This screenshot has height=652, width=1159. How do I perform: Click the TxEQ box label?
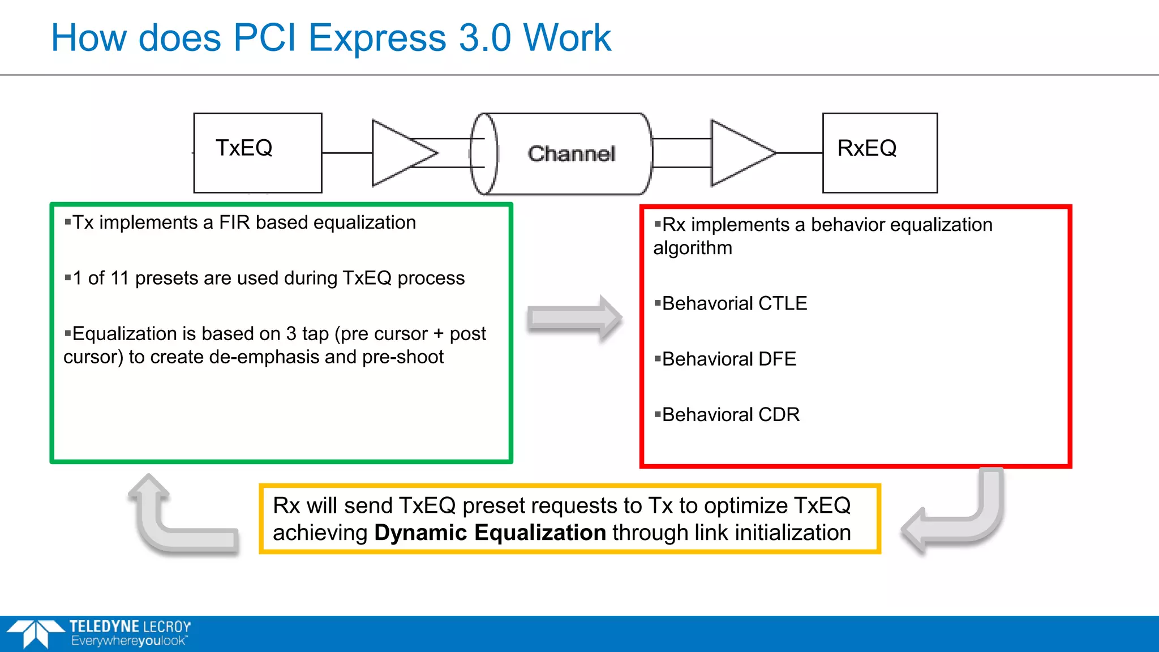tap(244, 148)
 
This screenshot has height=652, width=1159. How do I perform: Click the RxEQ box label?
tap(866, 148)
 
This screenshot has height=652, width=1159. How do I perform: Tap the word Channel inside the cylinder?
tap(571, 154)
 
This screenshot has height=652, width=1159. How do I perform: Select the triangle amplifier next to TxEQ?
tap(399, 153)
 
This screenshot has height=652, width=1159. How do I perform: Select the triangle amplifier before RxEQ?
tap(739, 153)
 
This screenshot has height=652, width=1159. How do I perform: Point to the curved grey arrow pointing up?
tap(170, 521)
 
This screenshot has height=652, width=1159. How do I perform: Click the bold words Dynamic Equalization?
tap(490, 533)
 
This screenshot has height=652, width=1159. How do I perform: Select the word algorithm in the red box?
tap(693, 248)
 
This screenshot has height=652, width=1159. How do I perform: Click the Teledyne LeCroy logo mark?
tap(35, 633)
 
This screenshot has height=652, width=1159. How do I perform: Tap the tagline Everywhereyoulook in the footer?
tap(128, 641)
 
